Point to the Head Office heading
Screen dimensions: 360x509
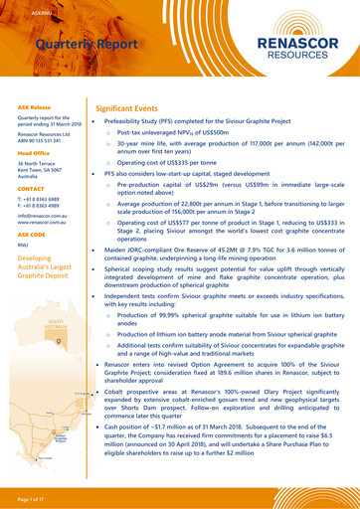coord(34,153)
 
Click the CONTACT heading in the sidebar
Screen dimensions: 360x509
coord(31,188)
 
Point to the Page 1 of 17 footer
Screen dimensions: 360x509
coord(35,495)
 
